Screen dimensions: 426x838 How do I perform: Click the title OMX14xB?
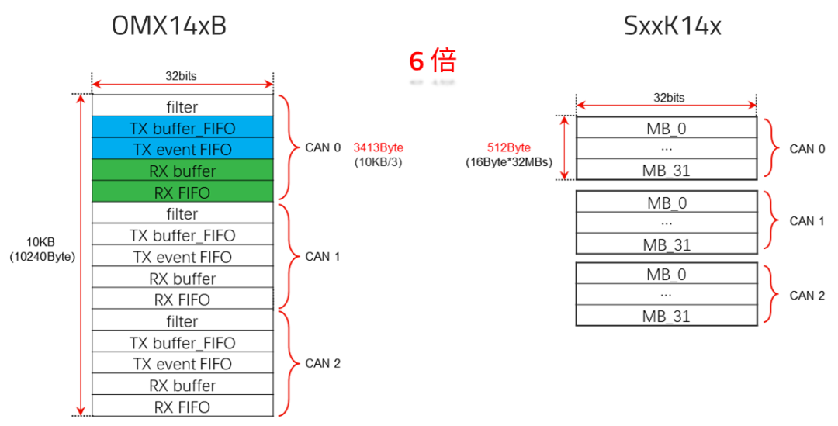click(x=170, y=26)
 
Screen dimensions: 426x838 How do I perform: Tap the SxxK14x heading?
click(x=673, y=26)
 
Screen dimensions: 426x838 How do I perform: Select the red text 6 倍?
click(x=432, y=61)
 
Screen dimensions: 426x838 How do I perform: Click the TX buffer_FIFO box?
click(x=182, y=128)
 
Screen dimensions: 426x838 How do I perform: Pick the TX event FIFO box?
click(x=182, y=149)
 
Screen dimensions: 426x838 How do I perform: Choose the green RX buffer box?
click(x=182, y=171)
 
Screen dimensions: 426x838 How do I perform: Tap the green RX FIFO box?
click(x=182, y=192)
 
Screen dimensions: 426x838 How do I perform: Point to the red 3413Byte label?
click(x=379, y=147)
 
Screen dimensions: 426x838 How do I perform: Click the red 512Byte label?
click(x=509, y=147)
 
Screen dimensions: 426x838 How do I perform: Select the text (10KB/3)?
click(x=379, y=162)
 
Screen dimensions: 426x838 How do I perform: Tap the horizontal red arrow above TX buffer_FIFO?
click(x=182, y=84)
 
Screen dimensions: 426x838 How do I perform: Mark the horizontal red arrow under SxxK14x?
click(x=666, y=106)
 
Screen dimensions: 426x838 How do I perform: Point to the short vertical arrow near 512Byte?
click(x=564, y=147)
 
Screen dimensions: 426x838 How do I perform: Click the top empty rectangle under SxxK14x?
click(x=666, y=148)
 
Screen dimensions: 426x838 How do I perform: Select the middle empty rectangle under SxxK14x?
click(x=666, y=223)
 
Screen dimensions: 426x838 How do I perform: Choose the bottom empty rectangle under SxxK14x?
click(x=666, y=294)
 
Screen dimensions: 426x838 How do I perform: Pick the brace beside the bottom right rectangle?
click(x=773, y=294)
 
